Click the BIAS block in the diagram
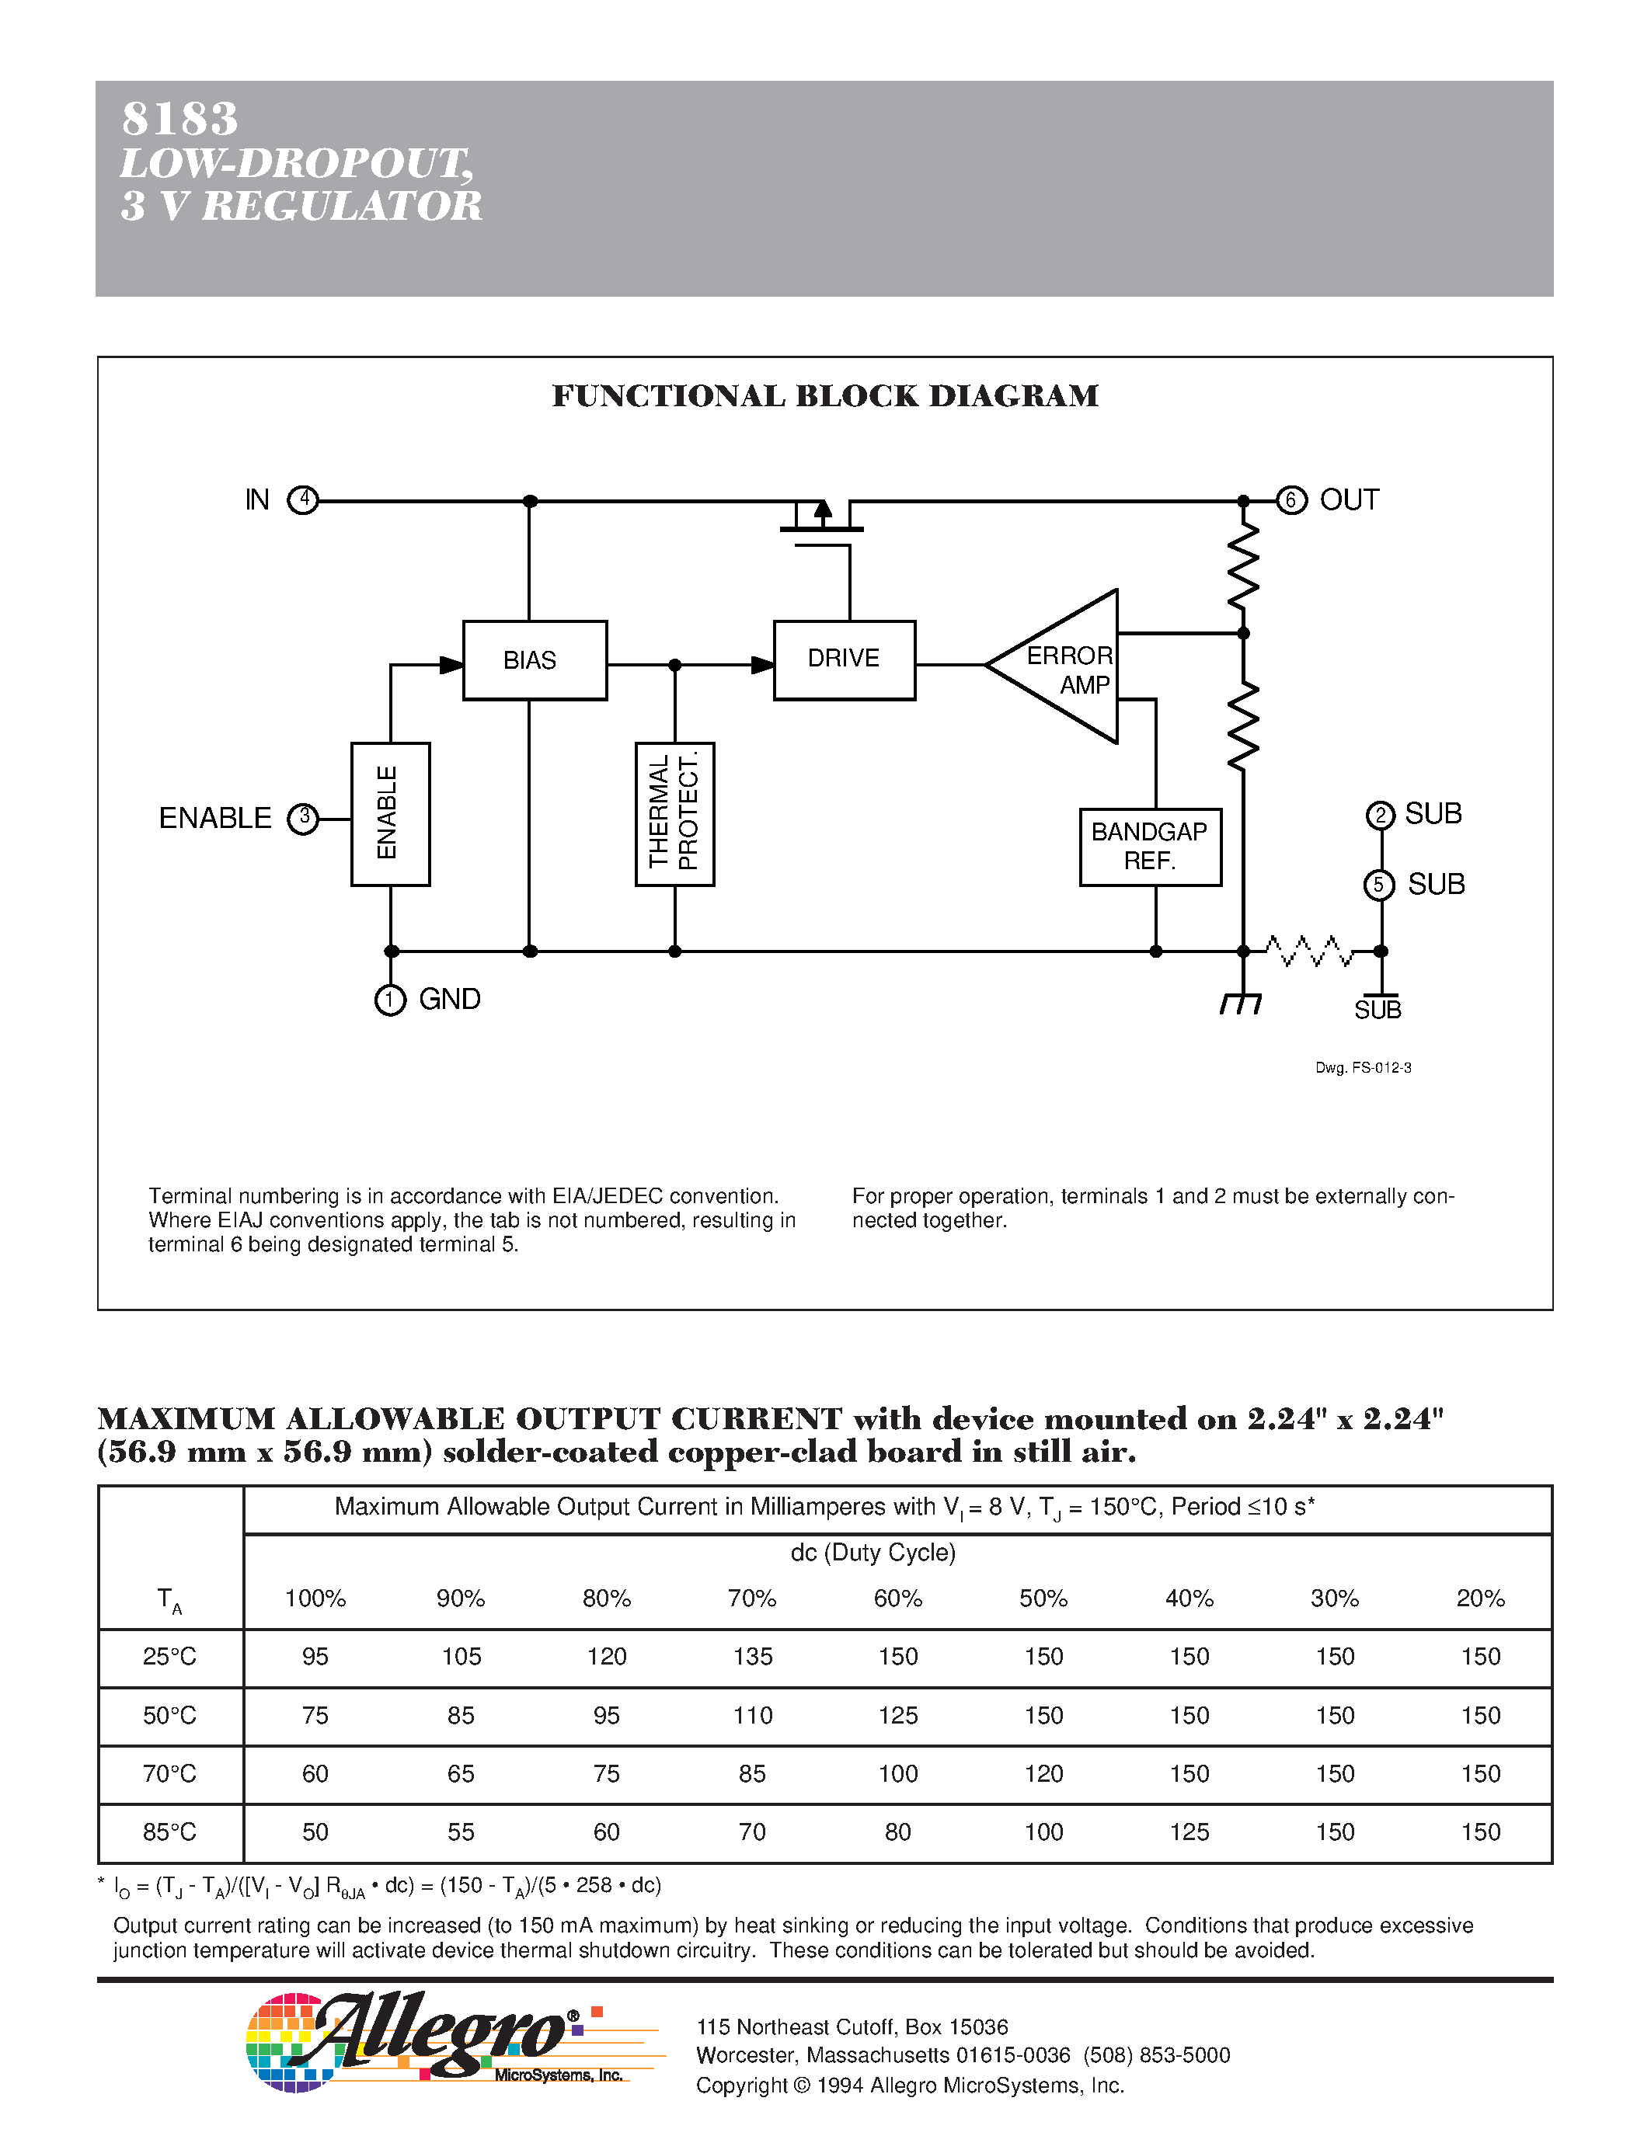pyautogui.click(x=534, y=660)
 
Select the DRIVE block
pyautogui.click(x=844, y=660)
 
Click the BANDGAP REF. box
pyautogui.click(x=1150, y=847)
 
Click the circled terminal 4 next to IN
pyautogui.click(x=303, y=499)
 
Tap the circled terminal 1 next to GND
pyautogui.click(x=390, y=1000)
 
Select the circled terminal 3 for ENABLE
pyautogui.click(x=303, y=818)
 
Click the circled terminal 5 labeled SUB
pyautogui.click(x=1379, y=885)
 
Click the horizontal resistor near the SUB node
pyautogui.click(x=1311, y=951)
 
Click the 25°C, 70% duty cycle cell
pyautogui.click(x=752, y=1657)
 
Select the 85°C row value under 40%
pyautogui.click(x=1189, y=1832)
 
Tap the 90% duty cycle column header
pyautogui.click(x=461, y=1598)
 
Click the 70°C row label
pyautogui.click(x=170, y=1773)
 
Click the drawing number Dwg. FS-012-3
pyautogui.click(x=1363, y=1068)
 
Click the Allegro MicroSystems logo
pyautogui.click(x=440, y=2041)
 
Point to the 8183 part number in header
pyautogui.click(x=180, y=120)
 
